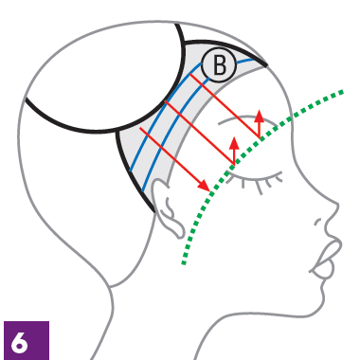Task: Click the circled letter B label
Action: tap(219, 65)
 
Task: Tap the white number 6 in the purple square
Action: tap(19, 343)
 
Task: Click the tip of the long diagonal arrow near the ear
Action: tap(209, 191)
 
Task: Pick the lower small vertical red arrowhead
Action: tap(234, 143)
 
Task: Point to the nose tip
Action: tap(337, 207)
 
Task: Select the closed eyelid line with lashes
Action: tap(254, 178)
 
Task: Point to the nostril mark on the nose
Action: tap(317, 222)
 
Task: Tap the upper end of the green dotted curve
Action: tap(341, 92)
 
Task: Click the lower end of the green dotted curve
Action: tap(184, 262)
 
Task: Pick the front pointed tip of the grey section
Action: tap(267, 65)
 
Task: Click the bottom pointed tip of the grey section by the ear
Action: tap(154, 211)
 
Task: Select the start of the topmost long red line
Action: tap(190, 74)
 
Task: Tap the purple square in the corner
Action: tap(27, 340)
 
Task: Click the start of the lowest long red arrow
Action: tap(140, 128)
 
